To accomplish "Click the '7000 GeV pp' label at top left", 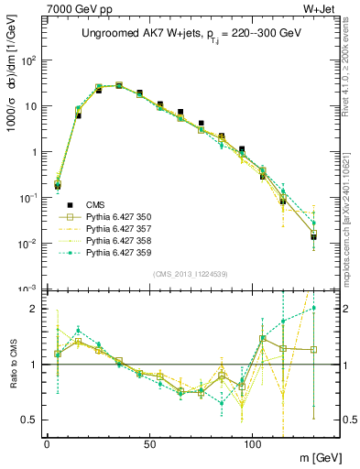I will tap(78, 8).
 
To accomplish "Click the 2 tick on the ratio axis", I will tap(35, 309).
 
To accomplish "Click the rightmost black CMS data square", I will tap(313, 237).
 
